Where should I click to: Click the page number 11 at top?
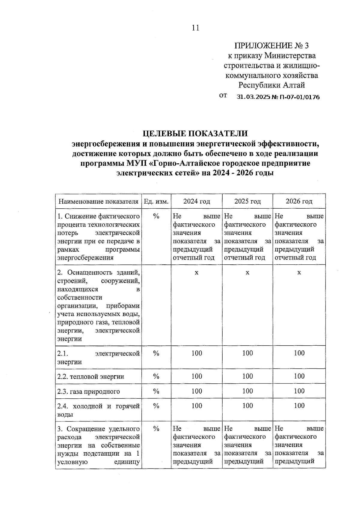[x=195, y=28]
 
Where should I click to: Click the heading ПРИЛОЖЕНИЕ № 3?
[x=271, y=46]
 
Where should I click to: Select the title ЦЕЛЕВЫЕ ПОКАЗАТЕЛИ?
[x=195, y=133]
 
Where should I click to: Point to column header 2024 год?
[x=196, y=201]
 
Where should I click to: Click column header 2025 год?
[x=247, y=201]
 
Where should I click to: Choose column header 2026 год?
[x=299, y=201]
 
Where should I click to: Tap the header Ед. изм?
[x=156, y=201]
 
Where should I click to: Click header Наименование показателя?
[x=98, y=201]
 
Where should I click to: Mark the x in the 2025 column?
[x=247, y=272]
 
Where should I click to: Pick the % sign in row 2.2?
[x=156, y=377]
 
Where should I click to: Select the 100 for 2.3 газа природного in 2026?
[x=299, y=391]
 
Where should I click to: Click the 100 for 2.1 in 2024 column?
[x=196, y=353]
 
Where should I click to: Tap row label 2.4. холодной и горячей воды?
[x=98, y=410]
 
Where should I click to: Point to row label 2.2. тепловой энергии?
[x=91, y=377]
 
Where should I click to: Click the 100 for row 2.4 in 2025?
[x=247, y=406]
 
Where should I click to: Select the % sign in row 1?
[x=156, y=216]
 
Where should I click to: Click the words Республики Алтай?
[x=271, y=85]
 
